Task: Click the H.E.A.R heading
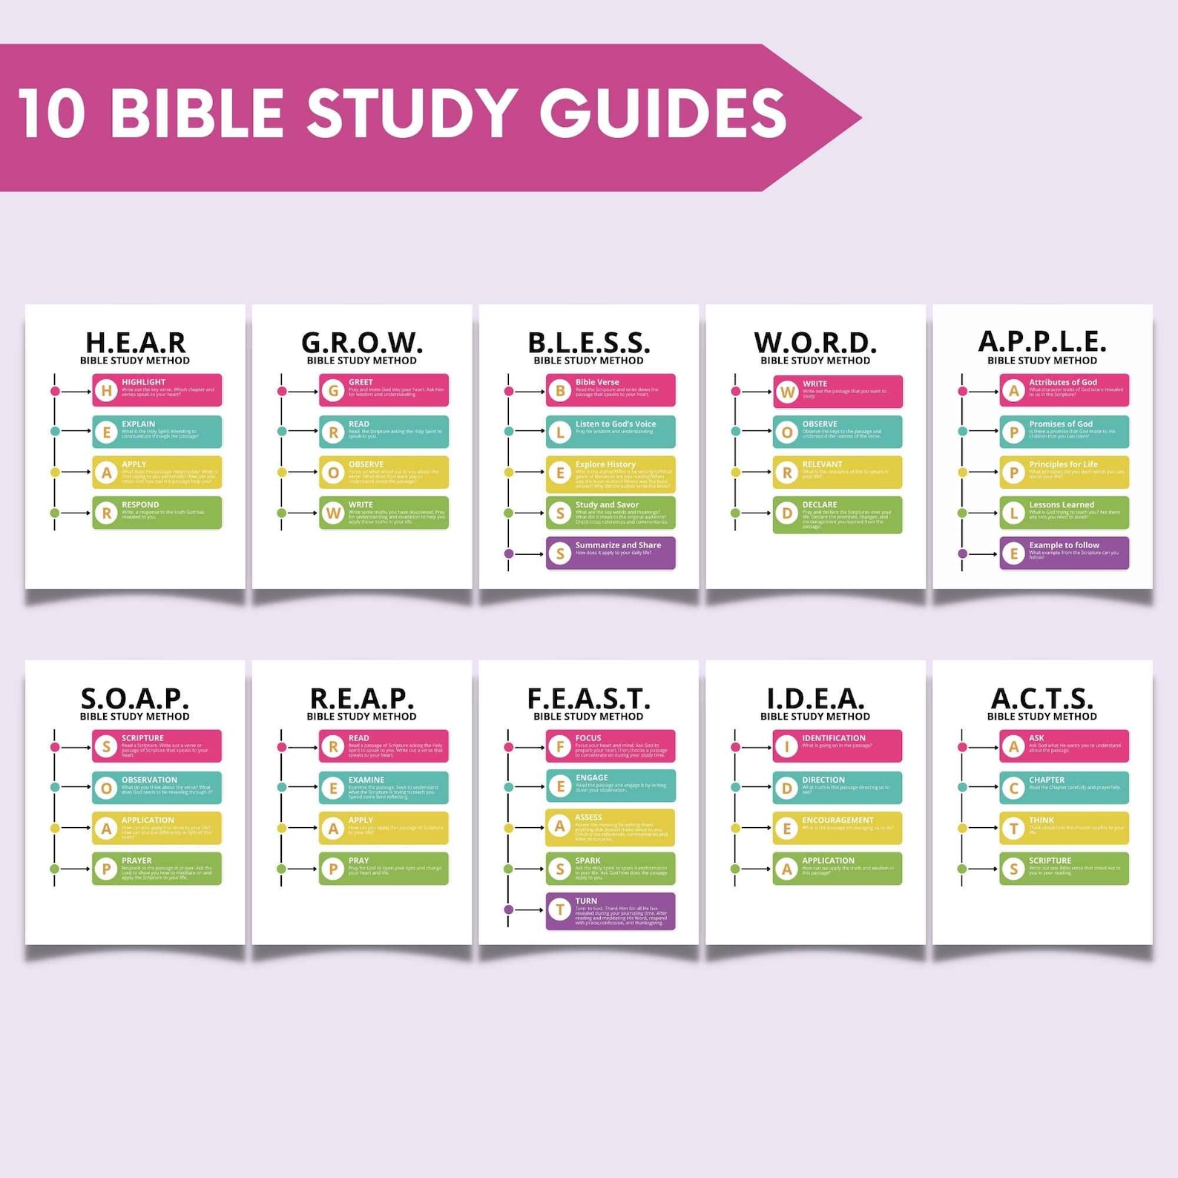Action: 135,343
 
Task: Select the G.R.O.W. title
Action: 362,343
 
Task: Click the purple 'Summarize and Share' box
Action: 611,553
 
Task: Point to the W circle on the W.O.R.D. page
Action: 787,392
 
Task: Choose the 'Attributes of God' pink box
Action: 1064,390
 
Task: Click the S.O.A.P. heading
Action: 135,699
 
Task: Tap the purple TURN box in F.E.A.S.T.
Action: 611,911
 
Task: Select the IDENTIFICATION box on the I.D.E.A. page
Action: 837,746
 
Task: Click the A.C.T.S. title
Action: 1042,699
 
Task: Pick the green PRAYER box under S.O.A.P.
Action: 157,869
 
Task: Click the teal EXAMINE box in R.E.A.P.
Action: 384,788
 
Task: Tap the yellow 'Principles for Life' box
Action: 1064,473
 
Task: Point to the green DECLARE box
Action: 837,515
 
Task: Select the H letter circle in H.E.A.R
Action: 107,391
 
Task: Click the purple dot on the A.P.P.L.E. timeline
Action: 963,553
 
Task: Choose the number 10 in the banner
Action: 52,113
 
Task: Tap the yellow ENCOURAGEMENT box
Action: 837,828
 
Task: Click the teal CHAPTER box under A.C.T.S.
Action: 1064,788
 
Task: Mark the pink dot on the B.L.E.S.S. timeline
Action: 509,391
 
